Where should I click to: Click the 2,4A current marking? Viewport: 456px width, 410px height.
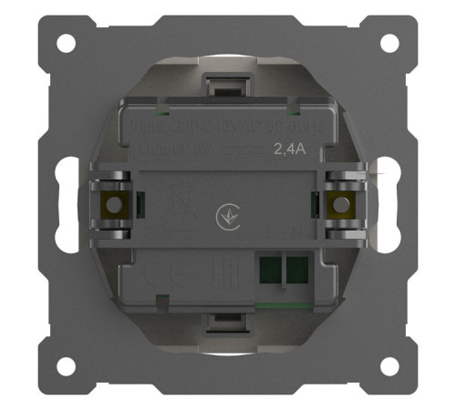point(290,152)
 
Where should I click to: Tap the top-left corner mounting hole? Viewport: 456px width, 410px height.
point(66,43)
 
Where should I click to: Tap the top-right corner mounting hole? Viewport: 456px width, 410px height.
point(389,43)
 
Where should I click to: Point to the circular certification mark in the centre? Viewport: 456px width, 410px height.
point(223,218)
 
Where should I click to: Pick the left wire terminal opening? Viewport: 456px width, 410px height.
point(270,270)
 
